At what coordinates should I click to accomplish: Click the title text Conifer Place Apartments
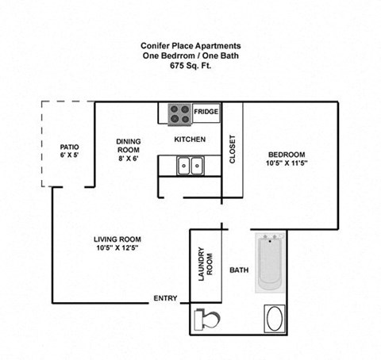point(190,45)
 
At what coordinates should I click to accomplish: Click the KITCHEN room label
point(190,140)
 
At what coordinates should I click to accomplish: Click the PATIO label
point(69,147)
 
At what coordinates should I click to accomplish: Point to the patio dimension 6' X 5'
point(69,156)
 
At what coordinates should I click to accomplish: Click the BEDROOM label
point(286,154)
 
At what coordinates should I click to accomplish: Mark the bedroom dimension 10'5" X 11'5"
point(286,164)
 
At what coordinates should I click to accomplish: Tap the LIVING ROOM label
point(117,239)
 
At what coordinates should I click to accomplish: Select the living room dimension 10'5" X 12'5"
point(117,249)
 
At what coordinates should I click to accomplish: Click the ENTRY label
point(165,299)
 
